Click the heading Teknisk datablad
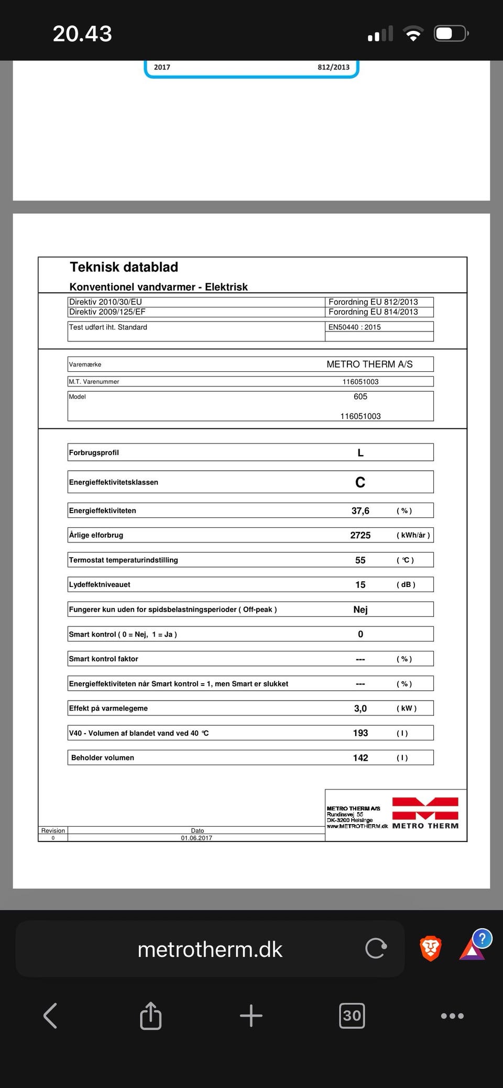coord(124,267)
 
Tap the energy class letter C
coord(360,482)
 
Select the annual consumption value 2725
coord(360,535)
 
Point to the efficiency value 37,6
coord(360,510)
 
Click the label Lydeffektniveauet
coord(100,584)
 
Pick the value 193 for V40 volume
coord(360,733)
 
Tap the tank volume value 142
coord(360,758)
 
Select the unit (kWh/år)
coord(413,535)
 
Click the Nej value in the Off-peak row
coord(360,609)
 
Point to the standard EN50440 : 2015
coord(355,327)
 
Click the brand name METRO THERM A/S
coord(369,364)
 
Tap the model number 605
coord(360,396)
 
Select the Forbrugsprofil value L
coord(360,453)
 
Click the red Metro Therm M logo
coord(425,809)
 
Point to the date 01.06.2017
coord(196,838)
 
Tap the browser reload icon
coord(376,948)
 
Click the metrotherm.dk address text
coord(210,949)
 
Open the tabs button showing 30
coord(352,1016)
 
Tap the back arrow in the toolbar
coord(50,1016)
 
